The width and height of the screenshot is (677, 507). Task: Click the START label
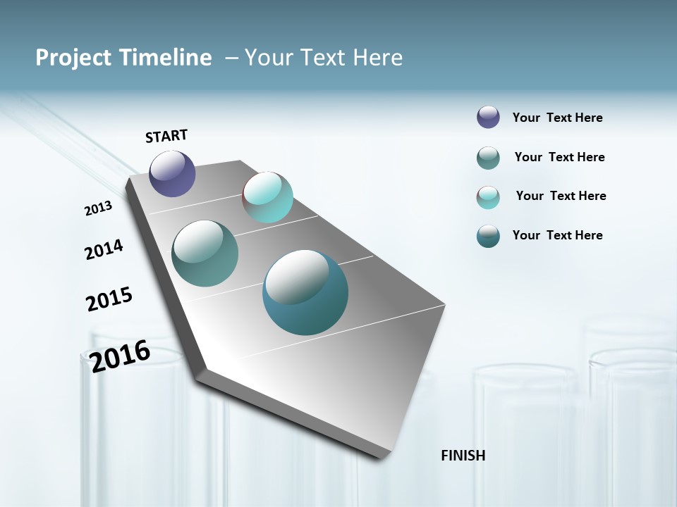tap(166, 136)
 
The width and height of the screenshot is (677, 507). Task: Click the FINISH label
tap(463, 456)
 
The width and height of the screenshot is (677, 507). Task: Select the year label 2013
tap(99, 208)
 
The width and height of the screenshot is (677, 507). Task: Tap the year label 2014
tap(104, 249)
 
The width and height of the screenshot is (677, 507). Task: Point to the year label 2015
tap(109, 299)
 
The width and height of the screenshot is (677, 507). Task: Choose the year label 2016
tap(120, 356)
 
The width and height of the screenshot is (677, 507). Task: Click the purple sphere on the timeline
tap(172, 173)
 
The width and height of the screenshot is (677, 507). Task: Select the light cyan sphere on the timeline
tap(267, 197)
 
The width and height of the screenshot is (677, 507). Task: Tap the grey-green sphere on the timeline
tap(205, 254)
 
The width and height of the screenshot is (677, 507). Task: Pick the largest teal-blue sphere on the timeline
tap(305, 292)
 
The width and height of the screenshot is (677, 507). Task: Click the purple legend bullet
tap(488, 117)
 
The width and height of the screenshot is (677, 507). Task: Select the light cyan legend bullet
tap(488, 197)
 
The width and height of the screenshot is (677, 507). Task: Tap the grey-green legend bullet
tap(488, 158)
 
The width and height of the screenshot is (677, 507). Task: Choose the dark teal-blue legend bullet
tap(488, 236)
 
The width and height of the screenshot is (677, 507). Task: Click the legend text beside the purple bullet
tap(557, 118)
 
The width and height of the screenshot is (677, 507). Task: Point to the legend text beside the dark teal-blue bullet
tap(557, 235)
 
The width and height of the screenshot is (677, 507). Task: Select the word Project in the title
tap(75, 58)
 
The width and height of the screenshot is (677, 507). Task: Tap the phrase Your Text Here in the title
tap(324, 58)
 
